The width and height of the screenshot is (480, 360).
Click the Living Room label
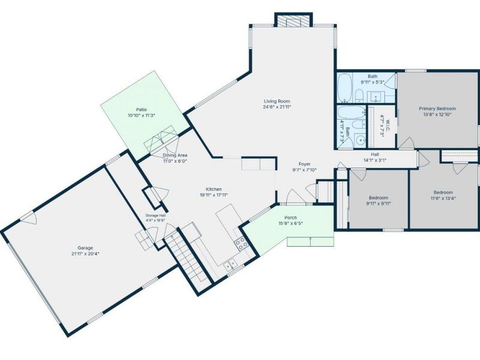tap(277, 101)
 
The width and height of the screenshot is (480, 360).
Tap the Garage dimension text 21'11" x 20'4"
tap(85, 253)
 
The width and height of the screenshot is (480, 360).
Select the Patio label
tap(142, 110)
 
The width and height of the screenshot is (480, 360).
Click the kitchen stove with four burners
tap(241, 244)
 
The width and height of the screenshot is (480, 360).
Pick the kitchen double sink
tap(230, 265)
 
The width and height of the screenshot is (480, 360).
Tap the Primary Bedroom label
tap(437, 109)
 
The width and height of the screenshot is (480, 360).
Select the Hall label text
tap(375, 155)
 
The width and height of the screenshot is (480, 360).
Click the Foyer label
tap(305, 164)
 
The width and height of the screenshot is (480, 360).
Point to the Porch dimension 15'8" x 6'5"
tap(290, 223)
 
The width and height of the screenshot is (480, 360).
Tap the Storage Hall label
tap(155, 215)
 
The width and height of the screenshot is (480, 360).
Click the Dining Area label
tap(175, 155)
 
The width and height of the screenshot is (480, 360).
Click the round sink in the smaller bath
tap(361, 140)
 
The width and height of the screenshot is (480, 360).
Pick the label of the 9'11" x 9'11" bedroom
tap(379, 198)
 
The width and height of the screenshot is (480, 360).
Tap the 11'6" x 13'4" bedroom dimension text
tap(443, 198)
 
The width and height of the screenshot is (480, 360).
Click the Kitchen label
tap(214, 189)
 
